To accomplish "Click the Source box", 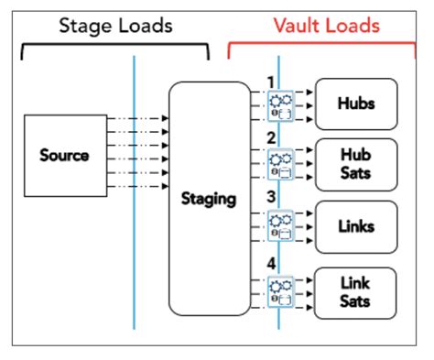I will pos(63,155).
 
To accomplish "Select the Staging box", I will pos(209,197).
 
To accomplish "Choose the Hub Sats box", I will pos(356,163).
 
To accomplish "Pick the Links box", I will pos(356,225).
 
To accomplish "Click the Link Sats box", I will pos(356,291).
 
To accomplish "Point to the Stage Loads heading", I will pos(115,26).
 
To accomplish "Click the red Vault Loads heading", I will pos(326,26).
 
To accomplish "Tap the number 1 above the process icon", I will pos(270,82).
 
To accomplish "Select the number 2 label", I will pos(270,139).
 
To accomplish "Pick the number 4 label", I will pos(270,264).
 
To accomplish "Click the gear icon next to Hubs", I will pos(278,104).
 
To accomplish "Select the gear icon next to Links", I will pos(278,225).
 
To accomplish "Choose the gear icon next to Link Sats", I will pos(278,289).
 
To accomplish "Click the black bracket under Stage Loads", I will pos(115,43).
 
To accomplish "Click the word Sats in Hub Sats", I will pos(356,172).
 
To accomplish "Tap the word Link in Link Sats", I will pos(356,282).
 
